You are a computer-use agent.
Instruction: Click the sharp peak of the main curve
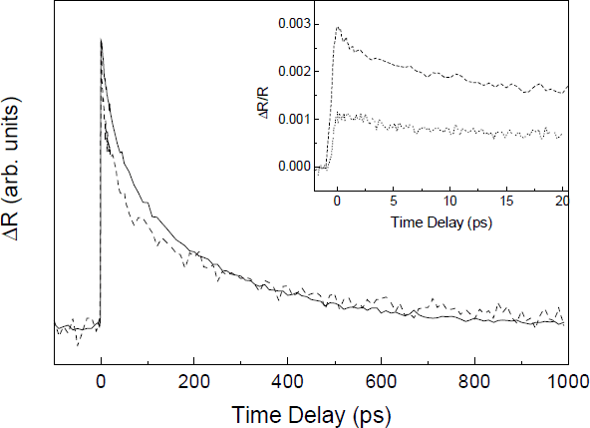click(x=101, y=40)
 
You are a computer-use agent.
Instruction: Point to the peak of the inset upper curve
click(x=338, y=28)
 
